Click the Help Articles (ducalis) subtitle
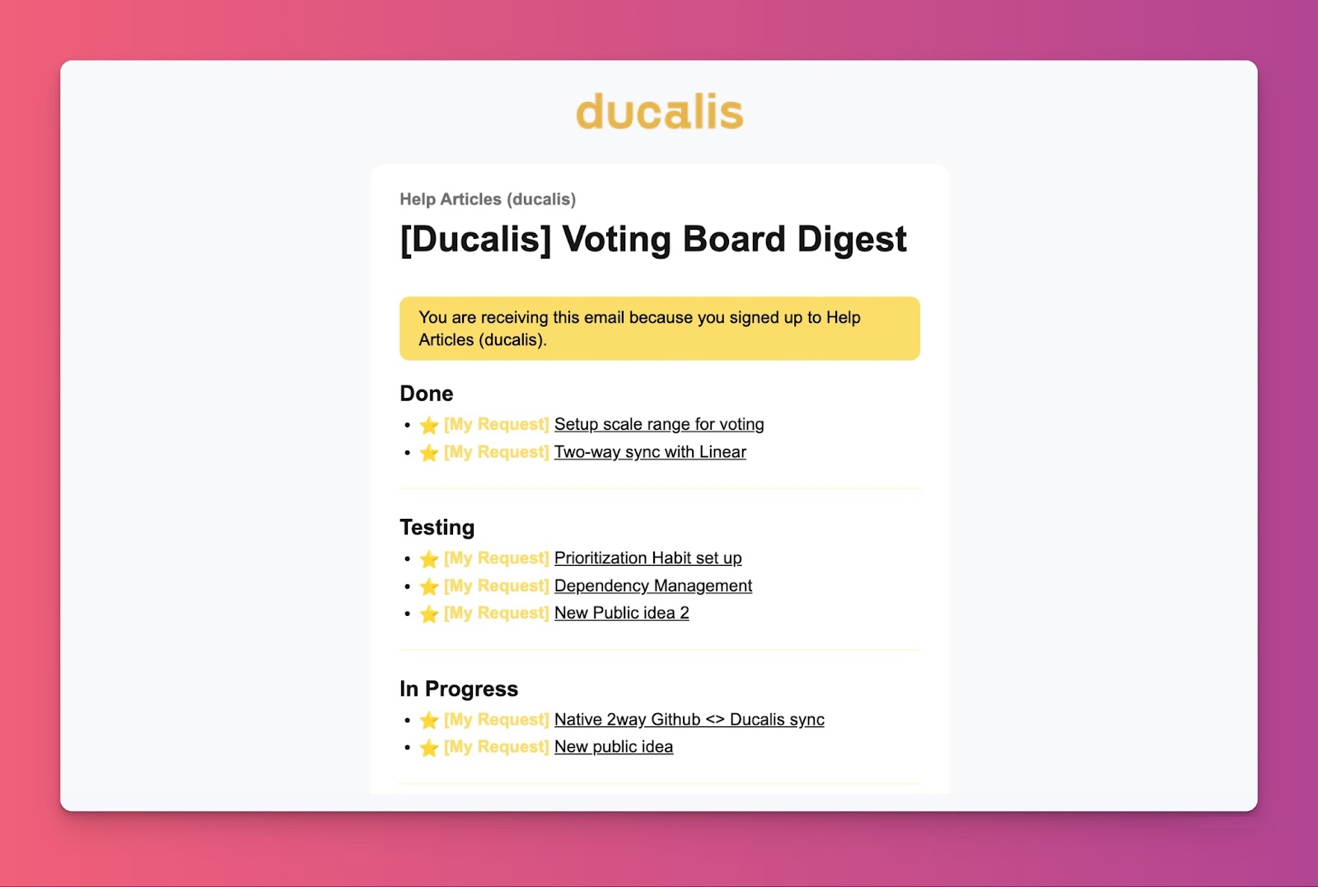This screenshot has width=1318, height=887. point(488,199)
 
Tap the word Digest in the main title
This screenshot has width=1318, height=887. point(852,240)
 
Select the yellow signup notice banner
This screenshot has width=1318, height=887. point(660,329)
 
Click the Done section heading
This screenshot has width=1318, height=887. point(427,394)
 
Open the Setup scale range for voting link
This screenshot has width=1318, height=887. point(659,424)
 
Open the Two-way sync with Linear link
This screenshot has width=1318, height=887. point(650,451)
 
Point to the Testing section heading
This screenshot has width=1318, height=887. point(437,527)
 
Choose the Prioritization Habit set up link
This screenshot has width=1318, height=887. point(647,558)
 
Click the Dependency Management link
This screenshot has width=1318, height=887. point(653,586)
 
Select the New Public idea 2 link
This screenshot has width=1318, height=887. point(621,613)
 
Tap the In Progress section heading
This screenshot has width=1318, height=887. point(459,689)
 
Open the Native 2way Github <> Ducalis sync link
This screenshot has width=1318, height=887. point(689,719)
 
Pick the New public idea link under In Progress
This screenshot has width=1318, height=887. point(614,746)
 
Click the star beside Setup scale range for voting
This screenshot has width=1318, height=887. point(429,425)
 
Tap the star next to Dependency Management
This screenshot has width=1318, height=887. point(429,586)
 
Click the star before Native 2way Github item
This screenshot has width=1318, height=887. point(429,720)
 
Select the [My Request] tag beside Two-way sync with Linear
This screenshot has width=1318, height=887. point(496,451)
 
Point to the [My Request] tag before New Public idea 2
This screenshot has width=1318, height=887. point(496,613)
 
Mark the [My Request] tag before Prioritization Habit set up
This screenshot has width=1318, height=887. point(496,558)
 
